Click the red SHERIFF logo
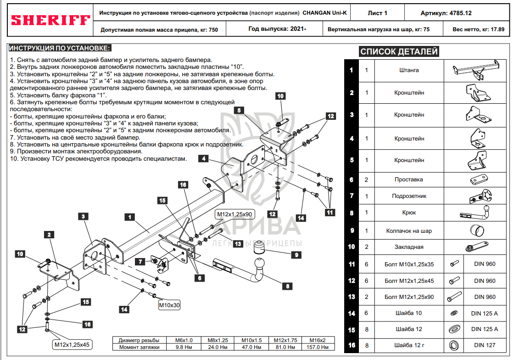50,20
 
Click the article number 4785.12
461,13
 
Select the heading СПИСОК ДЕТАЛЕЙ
399,51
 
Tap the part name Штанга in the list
409,70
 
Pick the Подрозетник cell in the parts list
409,196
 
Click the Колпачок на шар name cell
409,231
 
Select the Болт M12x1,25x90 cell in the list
409,297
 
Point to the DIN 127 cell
485,345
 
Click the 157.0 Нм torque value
317,347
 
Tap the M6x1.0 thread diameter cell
184,340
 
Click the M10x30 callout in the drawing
169,305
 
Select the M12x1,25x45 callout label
72,344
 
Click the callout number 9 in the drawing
296,255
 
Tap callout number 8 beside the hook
287,286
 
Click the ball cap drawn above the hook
259,247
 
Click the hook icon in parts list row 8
475,213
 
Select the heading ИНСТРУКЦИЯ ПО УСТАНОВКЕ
59,48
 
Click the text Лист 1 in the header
377,13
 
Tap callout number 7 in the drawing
140,261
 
